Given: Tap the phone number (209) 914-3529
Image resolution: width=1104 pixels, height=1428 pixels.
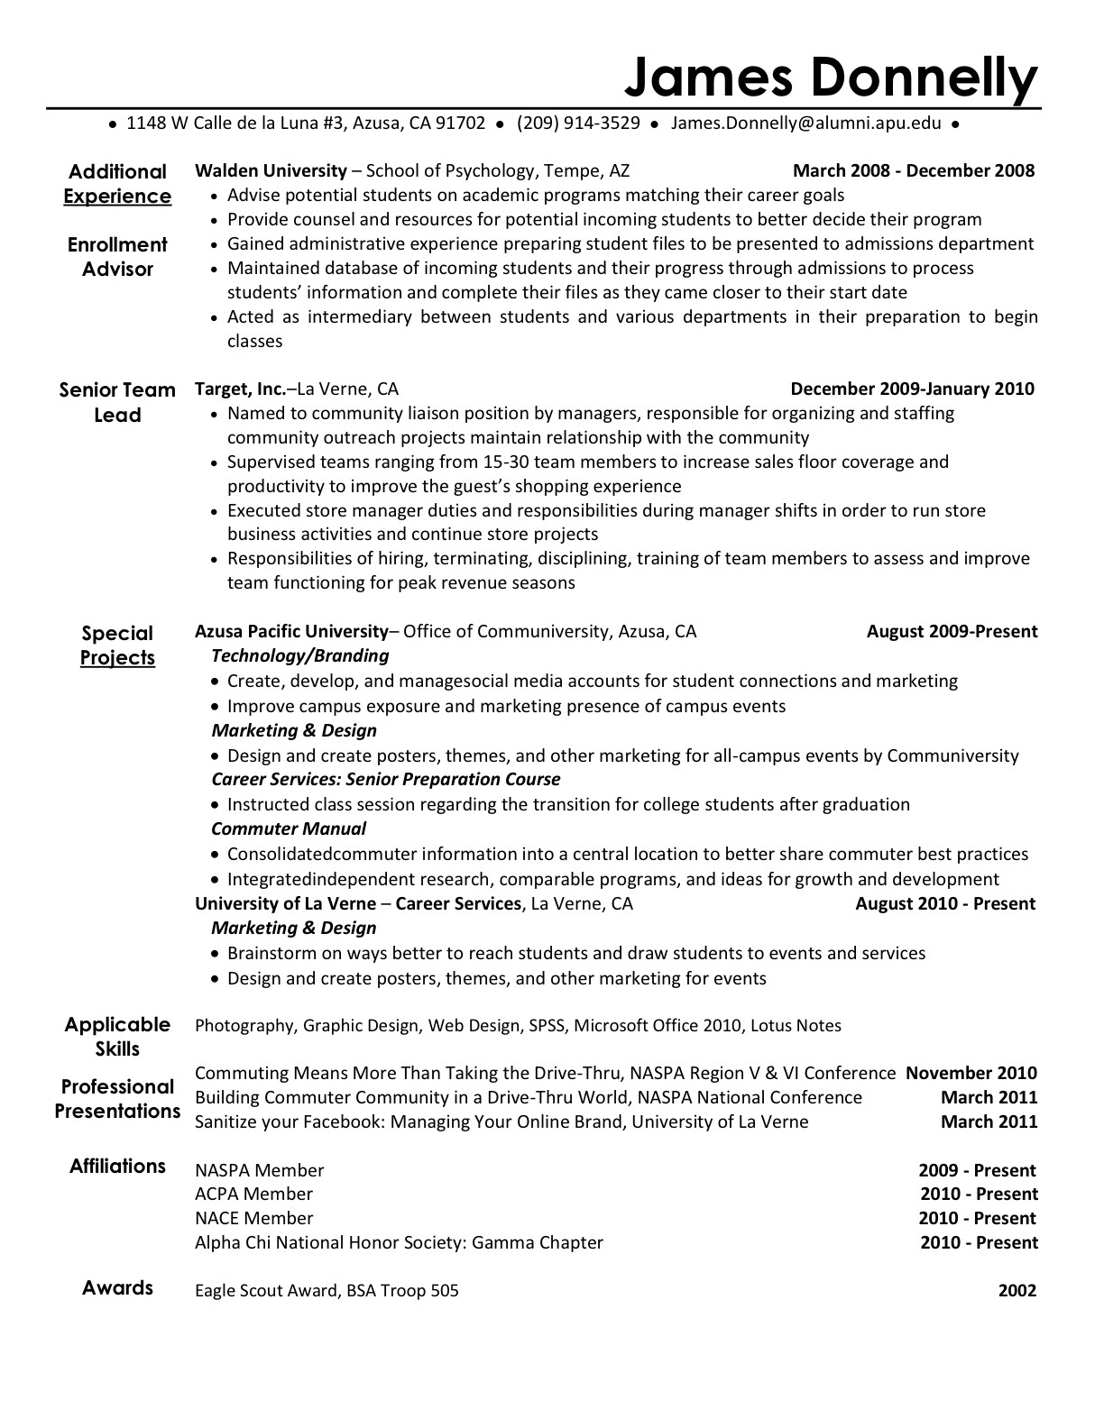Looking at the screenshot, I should [x=578, y=124].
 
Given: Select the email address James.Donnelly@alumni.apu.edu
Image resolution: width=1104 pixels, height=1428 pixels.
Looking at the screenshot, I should [x=806, y=124].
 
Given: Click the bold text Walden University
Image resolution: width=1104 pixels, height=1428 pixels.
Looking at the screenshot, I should [x=271, y=170].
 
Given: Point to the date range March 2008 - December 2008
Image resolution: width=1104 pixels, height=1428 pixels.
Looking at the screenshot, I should [x=913, y=170].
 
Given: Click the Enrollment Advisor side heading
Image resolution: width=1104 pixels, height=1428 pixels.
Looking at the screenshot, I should [x=117, y=257].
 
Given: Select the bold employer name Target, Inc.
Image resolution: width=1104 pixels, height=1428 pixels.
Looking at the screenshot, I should [x=240, y=389].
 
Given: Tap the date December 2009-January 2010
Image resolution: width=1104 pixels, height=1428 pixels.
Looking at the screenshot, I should [x=912, y=389].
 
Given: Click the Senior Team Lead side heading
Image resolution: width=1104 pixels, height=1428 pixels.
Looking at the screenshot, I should [x=117, y=402].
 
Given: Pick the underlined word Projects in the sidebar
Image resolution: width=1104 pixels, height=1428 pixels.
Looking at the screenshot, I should [x=117, y=658].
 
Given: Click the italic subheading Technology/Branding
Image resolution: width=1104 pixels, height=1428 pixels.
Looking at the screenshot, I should [x=299, y=655].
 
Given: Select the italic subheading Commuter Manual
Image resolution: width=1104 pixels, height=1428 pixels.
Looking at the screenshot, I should [x=289, y=828].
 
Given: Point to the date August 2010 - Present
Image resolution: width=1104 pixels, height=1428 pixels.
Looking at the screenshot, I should [x=945, y=903].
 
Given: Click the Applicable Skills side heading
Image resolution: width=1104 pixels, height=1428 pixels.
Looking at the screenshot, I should [x=117, y=1037].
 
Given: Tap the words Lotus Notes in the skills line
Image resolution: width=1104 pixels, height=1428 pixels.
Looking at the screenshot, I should [x=796, y=1025].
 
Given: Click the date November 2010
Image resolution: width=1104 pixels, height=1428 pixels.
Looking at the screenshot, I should [x=971, y=1073].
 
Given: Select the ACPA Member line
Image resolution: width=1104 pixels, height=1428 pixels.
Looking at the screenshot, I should [x=253, y=1194].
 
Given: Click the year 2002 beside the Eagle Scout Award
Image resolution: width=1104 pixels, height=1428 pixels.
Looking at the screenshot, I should [x=1017, y=1291].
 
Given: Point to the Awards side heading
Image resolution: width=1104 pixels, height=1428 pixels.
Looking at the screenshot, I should [x=117, y=1287].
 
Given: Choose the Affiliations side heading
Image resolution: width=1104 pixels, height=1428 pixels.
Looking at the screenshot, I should [x=117, y=1167].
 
